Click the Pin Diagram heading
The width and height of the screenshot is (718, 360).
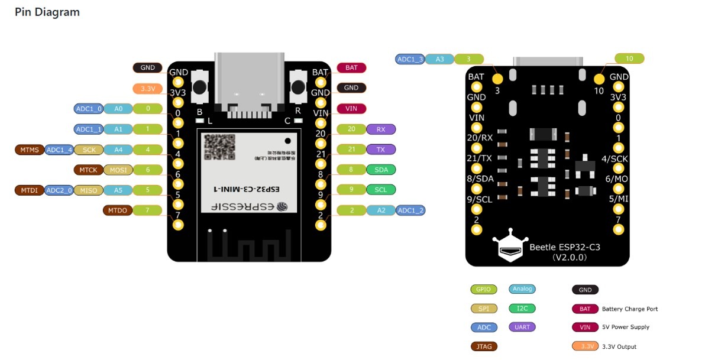click(47, 12)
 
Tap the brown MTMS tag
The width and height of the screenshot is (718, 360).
click(30, 150)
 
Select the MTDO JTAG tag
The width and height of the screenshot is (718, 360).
click(117, 210)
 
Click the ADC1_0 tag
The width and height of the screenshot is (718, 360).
click(89, 109)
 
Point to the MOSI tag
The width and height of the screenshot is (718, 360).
click(118, 170)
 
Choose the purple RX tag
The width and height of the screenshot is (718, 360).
click(381, 129)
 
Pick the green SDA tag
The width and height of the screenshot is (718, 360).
click(381, 170)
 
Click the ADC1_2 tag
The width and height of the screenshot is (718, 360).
click(410, 210)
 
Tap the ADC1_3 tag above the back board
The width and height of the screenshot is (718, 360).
click(410, 59)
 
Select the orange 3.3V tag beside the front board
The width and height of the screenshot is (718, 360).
click(147, 89)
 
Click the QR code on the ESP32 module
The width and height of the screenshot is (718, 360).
click(219, 147)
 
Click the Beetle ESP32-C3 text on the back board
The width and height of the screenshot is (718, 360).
click(564, 247)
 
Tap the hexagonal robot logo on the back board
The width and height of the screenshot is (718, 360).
click(510, 249)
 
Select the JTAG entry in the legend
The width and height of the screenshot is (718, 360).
click(483, 346)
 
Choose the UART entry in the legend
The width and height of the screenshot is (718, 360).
click(522, 327)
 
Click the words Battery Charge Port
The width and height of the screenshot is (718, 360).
click(629, 309)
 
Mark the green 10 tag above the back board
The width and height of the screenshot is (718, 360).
click(629, 59)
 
